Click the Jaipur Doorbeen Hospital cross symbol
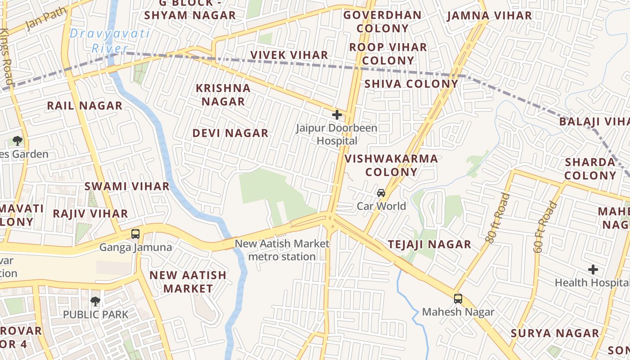coord(337,115)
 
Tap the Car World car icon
coord(381,193)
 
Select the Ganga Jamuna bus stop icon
coord(135,234)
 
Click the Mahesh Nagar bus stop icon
coord(458,298)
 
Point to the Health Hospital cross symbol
coord(593,270)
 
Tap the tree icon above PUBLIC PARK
coord(95,301)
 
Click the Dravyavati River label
coord(110,40)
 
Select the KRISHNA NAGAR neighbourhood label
coord(223,94)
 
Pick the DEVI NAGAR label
coord(230,133)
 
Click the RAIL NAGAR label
coord(85,106)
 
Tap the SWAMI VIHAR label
coord(127,186)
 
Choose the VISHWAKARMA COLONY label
coord(391,165)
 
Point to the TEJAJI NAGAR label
coord(429,244)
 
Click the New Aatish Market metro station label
coord(282,250)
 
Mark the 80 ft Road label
coord(498,218)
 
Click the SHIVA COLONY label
coord(411,84)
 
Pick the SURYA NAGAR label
coord(555,333)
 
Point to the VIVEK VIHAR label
coord(289,55)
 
